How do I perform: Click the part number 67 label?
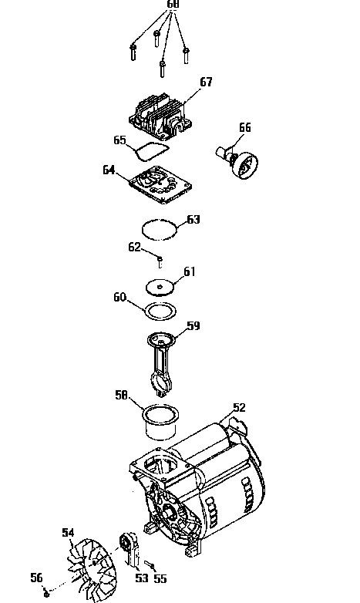206,82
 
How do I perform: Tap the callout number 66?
245,127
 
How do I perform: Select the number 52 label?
239,408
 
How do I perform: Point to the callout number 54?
68,533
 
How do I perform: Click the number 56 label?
36,578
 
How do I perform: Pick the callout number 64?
109,170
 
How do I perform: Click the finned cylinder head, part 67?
160,116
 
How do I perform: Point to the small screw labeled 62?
160,262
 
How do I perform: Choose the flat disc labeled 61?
160,288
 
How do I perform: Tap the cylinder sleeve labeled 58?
161,422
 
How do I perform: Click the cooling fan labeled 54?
93,568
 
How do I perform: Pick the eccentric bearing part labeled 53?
130,549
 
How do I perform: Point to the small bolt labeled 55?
150,564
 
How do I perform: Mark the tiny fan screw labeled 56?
46,594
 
